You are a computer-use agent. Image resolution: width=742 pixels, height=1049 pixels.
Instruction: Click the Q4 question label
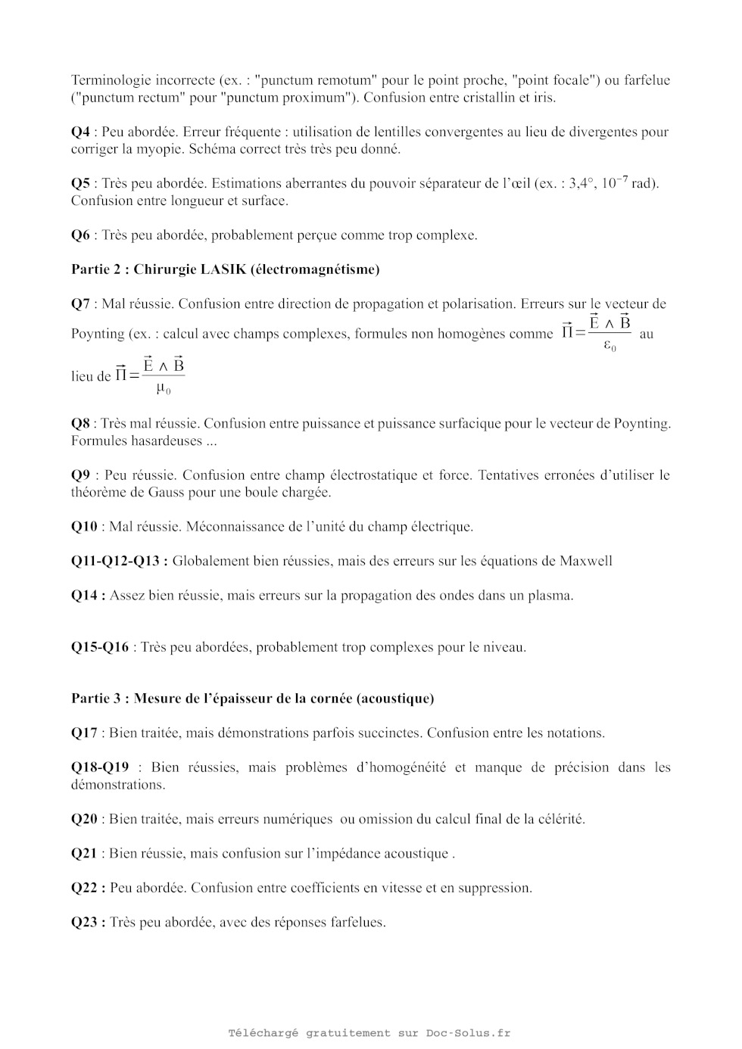pos(80,132)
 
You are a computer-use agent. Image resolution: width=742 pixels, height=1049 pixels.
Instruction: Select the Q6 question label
pos(80,235)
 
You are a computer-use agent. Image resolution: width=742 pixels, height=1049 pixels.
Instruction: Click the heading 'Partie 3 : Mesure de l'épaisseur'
pos(252,699)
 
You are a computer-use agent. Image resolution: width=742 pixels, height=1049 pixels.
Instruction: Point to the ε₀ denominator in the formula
pos(609,347)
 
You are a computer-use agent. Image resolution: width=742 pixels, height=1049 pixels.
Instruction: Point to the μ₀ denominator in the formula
pos(163,389)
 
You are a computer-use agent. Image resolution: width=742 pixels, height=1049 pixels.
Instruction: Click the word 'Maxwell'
pos(586,562)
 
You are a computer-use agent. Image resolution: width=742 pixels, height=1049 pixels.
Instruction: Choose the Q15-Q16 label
pos(100,648)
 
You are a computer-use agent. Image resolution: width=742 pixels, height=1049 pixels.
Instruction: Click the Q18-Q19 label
pos(100,767)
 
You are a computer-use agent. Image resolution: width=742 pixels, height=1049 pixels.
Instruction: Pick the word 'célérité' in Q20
pos(560,819)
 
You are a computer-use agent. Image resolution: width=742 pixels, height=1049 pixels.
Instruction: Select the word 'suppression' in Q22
pos(494,888)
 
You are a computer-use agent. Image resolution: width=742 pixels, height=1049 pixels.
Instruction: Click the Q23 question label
pos(88,923)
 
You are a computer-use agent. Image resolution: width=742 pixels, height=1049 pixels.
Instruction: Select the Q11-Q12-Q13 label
pos(119,562)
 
